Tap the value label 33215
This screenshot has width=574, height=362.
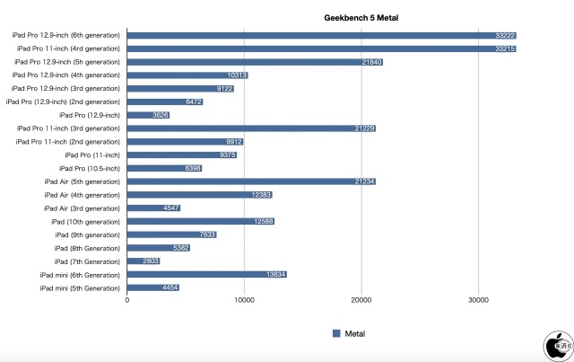click(505, 49)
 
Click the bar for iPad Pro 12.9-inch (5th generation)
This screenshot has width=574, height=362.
click(256, 62)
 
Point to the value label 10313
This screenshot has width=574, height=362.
click(238, 75)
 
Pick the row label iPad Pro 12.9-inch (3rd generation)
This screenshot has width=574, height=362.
click(65, 89)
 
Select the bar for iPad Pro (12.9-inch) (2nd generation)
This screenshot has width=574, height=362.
click(165, 102)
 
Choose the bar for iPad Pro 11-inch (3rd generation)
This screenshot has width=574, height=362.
click(252, 128)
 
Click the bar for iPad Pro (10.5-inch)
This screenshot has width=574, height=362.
click(165, 168)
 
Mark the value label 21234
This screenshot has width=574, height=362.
click(364, 181)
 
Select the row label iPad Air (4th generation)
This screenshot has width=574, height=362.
click(82, 195)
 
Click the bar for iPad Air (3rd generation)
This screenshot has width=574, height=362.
click(154, 208)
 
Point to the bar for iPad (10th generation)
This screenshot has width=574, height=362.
click(201, 221)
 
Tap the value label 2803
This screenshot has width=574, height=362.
click(151, 261)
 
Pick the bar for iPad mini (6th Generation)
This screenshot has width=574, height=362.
click(207, 274)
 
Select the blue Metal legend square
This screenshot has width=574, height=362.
click(336, 333)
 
